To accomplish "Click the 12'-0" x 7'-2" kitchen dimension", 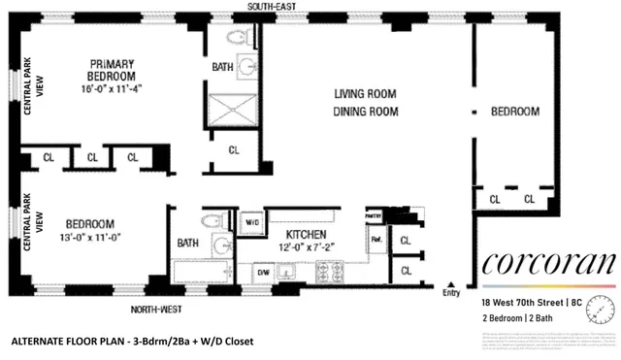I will click(x=305, y=249).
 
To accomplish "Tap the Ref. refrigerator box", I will click(x=375, y=238).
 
